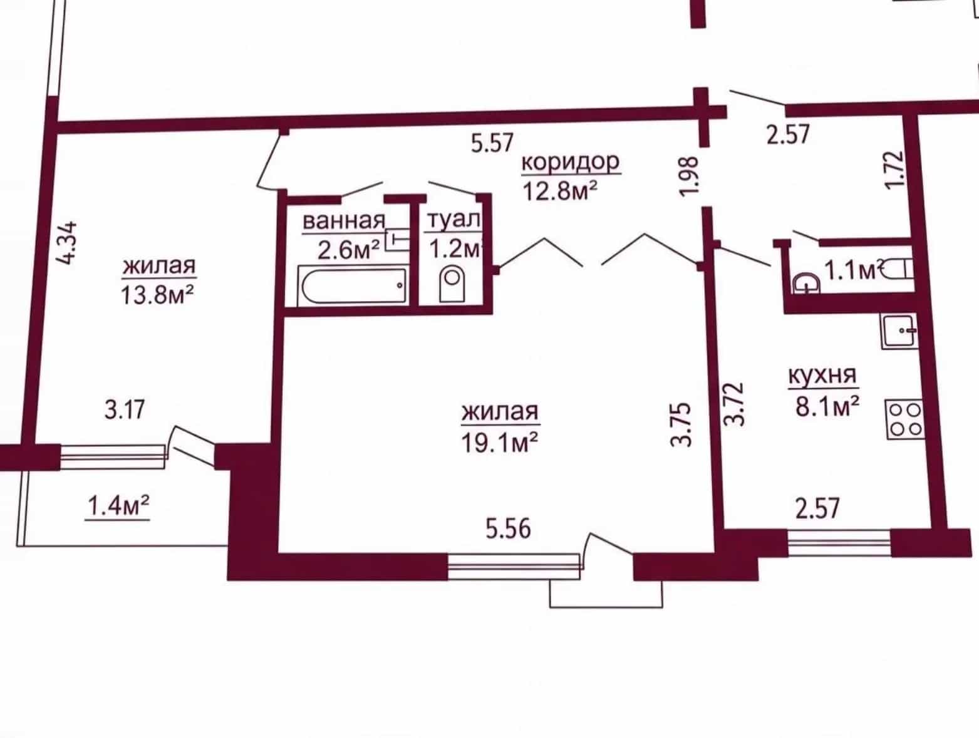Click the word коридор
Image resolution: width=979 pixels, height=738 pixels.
(571, 163)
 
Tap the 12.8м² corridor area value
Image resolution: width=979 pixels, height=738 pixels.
(560, 191)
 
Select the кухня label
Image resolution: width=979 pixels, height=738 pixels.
(823, 376)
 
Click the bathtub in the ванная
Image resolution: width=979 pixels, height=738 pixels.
(353, 285)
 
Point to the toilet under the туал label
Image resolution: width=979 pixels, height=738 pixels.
(452, 284)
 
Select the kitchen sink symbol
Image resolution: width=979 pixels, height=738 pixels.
(899, 331)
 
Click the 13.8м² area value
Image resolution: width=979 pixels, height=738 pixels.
(157, 294)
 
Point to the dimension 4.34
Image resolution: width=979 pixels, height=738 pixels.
(68, 243)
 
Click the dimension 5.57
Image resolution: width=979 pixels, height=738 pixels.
(492, 143)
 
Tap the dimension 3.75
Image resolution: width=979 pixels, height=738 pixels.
(681, 424)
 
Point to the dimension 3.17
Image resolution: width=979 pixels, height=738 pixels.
(125, 409)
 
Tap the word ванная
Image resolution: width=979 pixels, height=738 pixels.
(344, 221)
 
